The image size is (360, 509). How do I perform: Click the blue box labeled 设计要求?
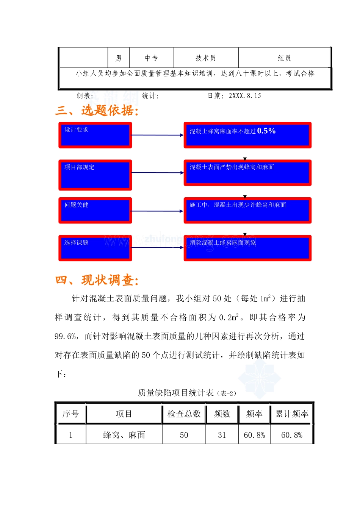95,135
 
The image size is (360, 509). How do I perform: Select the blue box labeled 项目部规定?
95,175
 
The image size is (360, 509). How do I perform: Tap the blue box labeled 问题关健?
95,211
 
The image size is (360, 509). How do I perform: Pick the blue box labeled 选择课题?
95,248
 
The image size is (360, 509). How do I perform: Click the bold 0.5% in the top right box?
266,131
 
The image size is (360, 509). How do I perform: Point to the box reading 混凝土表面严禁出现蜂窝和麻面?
247,173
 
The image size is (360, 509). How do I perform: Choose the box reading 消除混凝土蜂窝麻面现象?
247,248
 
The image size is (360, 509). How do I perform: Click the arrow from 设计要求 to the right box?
157,135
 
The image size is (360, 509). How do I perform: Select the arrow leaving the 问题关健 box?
157,211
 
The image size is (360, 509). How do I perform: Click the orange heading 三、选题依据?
97,111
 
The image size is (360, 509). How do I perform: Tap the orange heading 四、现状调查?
97,280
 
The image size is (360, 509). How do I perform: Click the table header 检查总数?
184,414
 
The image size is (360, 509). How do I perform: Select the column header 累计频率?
292,414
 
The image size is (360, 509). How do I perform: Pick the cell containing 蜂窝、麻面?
124,435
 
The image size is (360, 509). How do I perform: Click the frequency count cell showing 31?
222,435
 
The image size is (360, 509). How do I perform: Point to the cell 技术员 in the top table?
205,58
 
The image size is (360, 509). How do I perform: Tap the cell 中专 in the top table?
151,58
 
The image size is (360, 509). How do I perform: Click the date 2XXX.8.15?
245,96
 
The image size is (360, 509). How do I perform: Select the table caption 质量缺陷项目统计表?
176,393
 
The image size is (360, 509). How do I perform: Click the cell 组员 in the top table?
284,58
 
